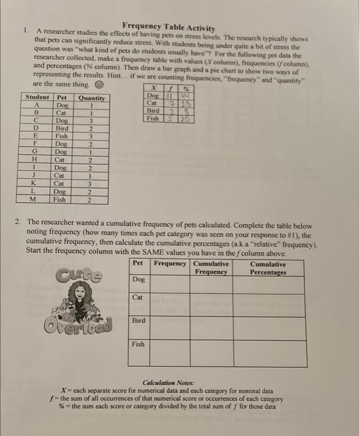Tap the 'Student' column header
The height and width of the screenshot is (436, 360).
coord(38,98)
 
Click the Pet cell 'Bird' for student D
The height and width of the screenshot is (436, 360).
coord(62,129)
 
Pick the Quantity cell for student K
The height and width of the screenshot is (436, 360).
coord(91,184)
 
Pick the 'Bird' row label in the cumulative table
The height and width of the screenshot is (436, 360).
coord(139,321)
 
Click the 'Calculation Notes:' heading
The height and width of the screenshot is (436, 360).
coord(169,382)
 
